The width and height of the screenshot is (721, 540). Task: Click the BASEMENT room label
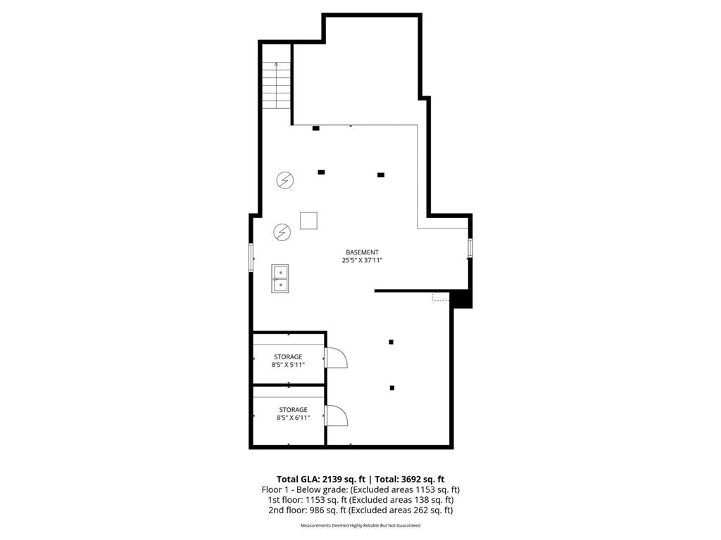(x=362, y=252)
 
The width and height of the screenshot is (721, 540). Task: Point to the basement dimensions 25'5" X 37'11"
(x=362, y=260)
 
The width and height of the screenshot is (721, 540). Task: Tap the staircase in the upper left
(x=276, y=85)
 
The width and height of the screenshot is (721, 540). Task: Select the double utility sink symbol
(x=280, y=278)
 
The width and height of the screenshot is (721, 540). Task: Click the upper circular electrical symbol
(x=284, y=181)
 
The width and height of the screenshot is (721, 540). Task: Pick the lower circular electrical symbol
(x=282, y=231)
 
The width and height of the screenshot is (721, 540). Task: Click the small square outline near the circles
(x=308, y=220)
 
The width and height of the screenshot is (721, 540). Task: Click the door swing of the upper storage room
(x=336, y=359)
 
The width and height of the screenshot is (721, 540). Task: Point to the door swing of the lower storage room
(x=336, y=415)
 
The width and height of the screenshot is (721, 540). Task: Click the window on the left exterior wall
(x=251, y=257)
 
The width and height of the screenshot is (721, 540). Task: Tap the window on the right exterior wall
(x=470, y=248)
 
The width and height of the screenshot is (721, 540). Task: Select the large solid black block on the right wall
(x=461, y=299)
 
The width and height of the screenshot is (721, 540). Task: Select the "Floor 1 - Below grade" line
(x=360, y=489)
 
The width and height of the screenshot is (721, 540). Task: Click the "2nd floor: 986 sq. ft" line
(x=360, y=510)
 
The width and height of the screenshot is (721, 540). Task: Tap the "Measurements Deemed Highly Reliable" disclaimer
(x=360, y=525)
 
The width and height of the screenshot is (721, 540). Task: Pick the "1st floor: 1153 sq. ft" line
(x=360, y=500)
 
